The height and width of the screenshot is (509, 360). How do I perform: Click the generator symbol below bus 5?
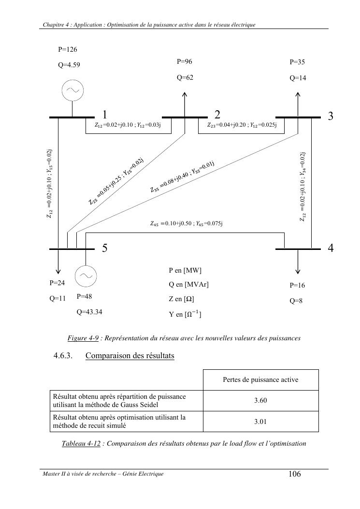click(86, 276)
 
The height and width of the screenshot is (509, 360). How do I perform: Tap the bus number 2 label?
click(217, 115)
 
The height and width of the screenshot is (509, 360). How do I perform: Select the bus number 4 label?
click(331, 248)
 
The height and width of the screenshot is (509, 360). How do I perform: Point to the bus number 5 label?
click(104, 248)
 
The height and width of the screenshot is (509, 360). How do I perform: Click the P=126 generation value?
click(68, 49)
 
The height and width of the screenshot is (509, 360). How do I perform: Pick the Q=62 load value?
click(185, 77)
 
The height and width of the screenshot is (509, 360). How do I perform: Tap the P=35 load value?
click(297, 62)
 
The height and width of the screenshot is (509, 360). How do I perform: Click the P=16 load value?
click(297, 285)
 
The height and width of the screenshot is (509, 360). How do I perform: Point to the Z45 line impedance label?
click(186, 224)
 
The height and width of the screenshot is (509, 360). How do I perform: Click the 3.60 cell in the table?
click(261, 400)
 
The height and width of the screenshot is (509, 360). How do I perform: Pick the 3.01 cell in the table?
click(261, 422)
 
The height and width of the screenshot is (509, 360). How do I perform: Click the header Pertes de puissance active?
click(261, 379)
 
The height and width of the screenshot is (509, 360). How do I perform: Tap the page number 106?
click(294, 474)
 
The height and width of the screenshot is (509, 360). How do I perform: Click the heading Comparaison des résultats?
click(130, 356)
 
